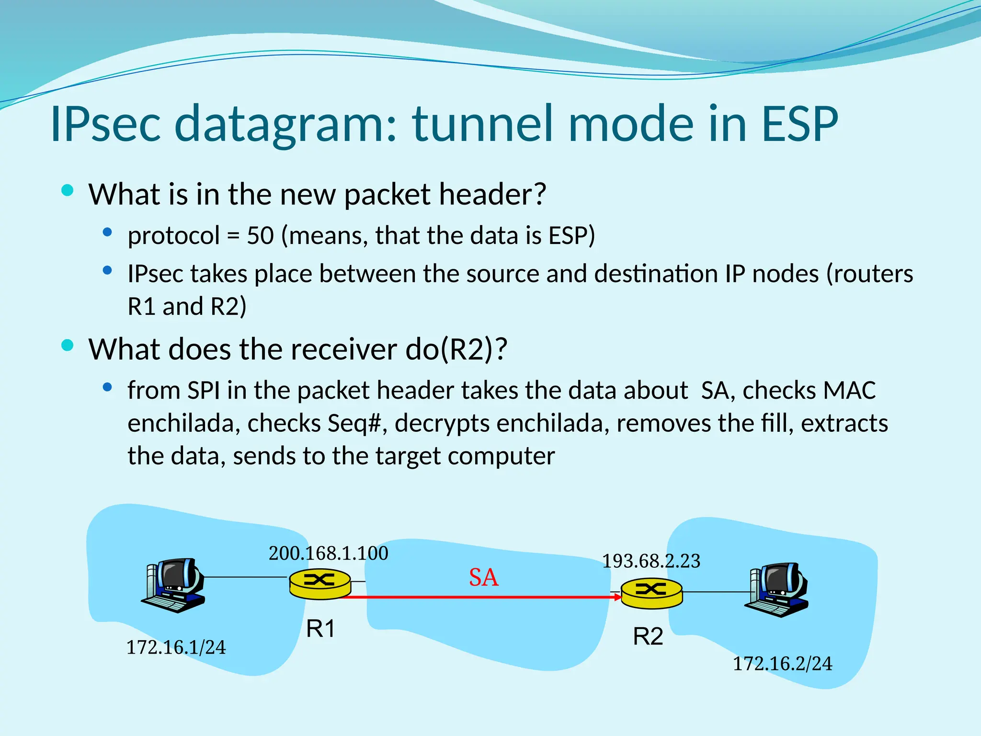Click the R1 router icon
point(320,584)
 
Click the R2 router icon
point(651,593)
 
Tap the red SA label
point(483,577)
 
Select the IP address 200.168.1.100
point(328,553)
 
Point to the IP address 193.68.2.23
point(651,561)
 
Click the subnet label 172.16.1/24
point(176,647)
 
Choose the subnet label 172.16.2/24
point(783,664)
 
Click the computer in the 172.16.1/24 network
point(174,585)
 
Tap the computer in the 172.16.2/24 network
point(777,590)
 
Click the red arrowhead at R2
point(617,597)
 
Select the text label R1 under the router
point(320,629)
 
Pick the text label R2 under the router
point(648,637)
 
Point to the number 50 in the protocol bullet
point(260,236)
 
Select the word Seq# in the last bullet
point(354,423)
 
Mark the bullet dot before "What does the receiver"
point(68,345)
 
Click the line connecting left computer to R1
point(244,577)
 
